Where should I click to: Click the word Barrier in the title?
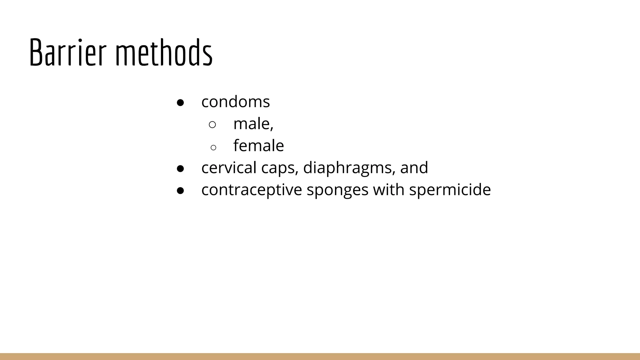point(68,52)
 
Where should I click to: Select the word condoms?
point(235,102)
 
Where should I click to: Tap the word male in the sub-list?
point(252,124)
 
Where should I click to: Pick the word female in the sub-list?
point(258,146)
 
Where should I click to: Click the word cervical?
point(229,167)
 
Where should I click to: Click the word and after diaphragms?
point(414,167)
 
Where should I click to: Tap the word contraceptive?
point(252,190)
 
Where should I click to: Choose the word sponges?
point(337,190)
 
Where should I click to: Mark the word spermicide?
point(450,190)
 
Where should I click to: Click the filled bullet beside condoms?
point(180,103)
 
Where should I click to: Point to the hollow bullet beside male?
point(212,125)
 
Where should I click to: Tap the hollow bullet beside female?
point(213,147)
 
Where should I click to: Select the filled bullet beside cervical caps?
point(180,169)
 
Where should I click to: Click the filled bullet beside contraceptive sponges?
point(180,191)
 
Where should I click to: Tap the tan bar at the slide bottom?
point(320,357)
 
